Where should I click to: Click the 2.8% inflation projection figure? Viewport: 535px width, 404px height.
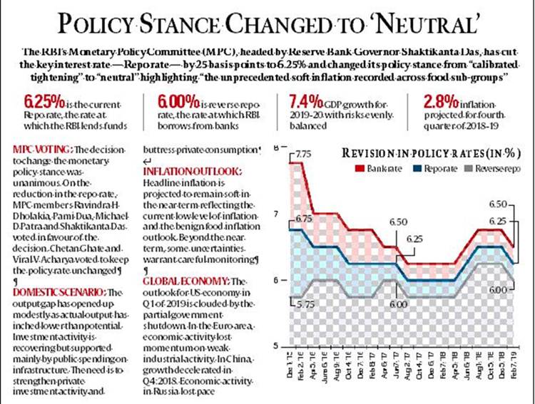439,98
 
